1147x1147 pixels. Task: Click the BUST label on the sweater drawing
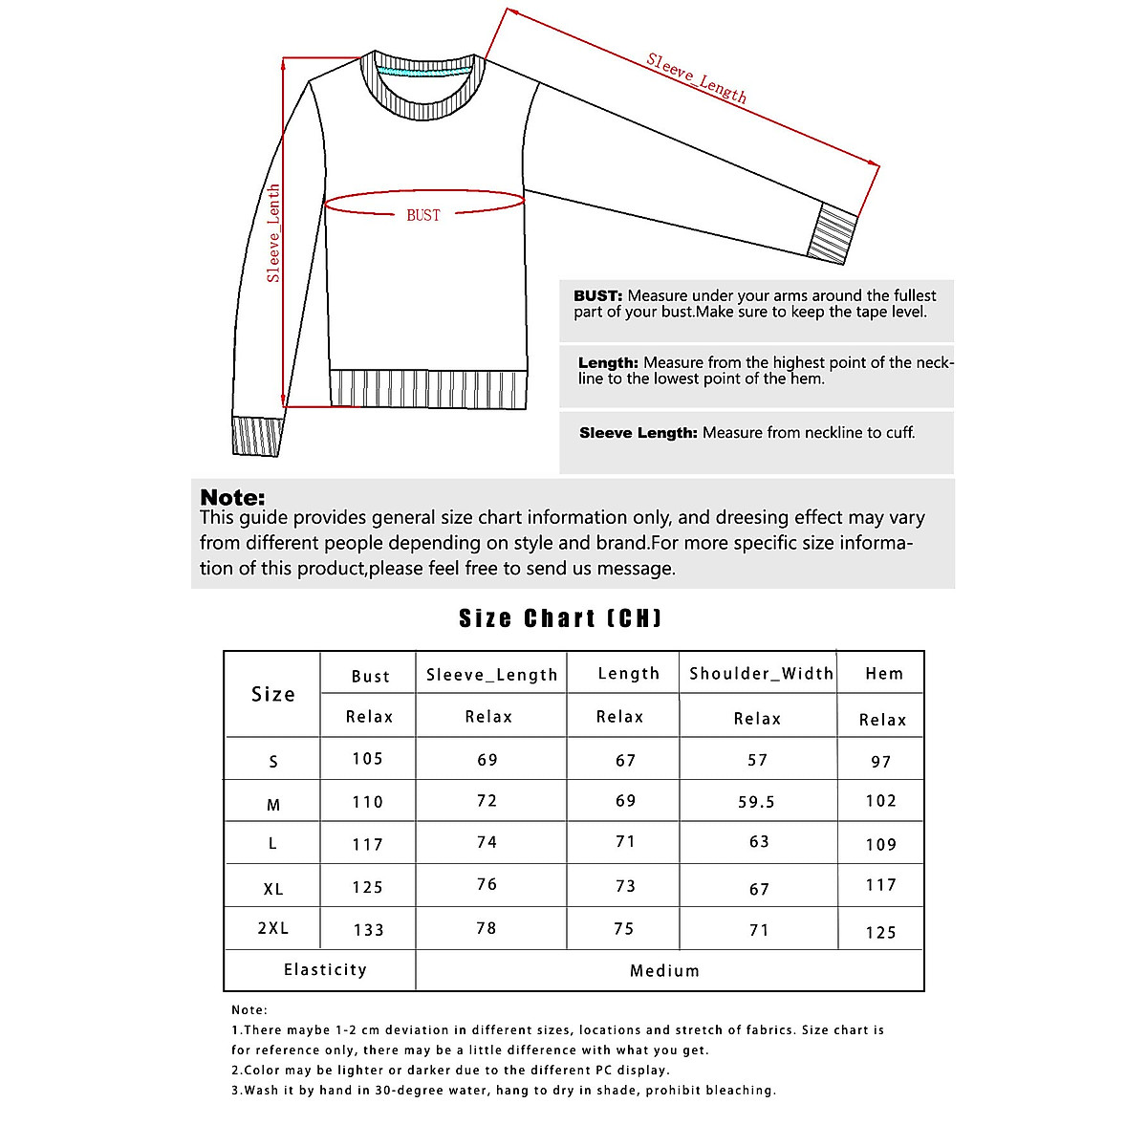click(x=423, y=215)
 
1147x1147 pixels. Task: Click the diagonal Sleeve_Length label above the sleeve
click(x=696, y=77)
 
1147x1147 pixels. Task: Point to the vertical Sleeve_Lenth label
click(x=274, y=233)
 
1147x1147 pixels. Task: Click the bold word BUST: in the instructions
click(x=598, y=296)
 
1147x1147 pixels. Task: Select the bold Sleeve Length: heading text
click(x=638, y=433)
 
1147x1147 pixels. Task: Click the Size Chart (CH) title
click(x=560, y=618)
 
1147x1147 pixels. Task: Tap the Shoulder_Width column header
click(x=761, y=674)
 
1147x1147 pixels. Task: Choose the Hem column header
click(x=884, y=674)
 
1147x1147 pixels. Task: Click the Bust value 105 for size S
click(x=368, y=759)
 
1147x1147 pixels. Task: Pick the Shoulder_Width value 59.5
click(x=756, y=803)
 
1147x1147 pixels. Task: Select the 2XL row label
click(x=273, y=928)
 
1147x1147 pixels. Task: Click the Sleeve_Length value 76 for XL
click(x=487, y=884)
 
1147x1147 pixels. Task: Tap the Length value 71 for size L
click(x=626, y=842)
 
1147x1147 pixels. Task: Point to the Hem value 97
click(x=881, y=762)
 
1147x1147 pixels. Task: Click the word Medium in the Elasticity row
click(x=664, y=971)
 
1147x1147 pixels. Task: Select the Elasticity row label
click(x=325, y=970)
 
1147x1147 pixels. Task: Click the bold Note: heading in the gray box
click(x=232, y=498)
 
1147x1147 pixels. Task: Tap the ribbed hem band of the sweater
click(x=428, y=388)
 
